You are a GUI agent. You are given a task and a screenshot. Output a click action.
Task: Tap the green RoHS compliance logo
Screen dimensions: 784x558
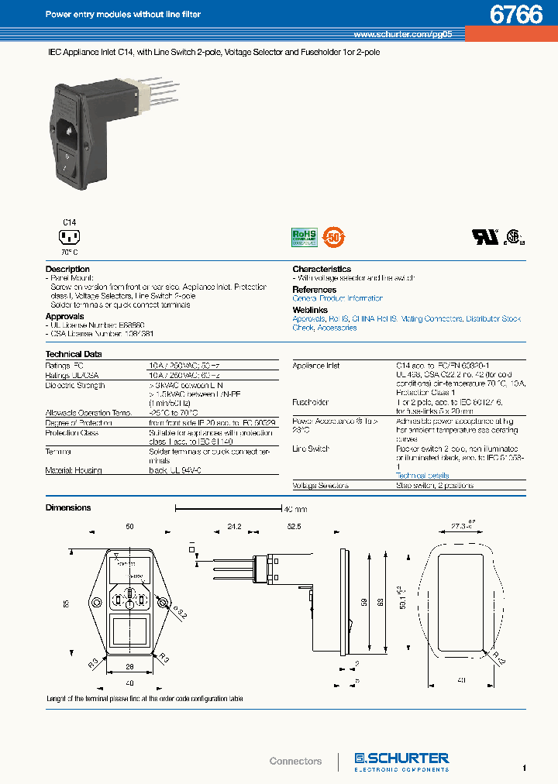point(305,236)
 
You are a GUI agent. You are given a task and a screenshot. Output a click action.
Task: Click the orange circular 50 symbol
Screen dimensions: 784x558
point(333,236)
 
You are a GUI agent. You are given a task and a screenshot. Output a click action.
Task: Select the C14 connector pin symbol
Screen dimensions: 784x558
point(70,237)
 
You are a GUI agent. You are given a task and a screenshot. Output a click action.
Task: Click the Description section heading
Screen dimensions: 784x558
point(68,270)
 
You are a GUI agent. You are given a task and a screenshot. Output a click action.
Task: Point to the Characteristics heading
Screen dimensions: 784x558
point(322,270)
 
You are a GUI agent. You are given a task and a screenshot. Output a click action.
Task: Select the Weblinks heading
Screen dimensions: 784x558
point(310,310)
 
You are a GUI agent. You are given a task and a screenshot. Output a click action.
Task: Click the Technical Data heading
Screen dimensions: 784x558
point(74,354)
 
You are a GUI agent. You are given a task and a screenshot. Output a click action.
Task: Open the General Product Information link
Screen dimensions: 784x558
point(338,298)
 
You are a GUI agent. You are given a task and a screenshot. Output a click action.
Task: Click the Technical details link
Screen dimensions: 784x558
point(422,476)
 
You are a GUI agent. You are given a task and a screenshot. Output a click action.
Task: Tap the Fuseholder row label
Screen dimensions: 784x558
point(311,403)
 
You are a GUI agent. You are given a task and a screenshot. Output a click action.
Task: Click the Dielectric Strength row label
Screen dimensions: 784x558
point(75,385)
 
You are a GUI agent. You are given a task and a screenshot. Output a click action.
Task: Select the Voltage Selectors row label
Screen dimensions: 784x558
point(321,486)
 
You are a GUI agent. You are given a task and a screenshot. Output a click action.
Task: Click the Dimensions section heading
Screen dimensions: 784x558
point(68,508)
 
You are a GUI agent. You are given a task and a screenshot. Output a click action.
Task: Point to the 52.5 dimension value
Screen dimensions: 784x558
point(294,527)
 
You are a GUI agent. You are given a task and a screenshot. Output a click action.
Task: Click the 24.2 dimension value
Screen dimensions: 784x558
point(234,527)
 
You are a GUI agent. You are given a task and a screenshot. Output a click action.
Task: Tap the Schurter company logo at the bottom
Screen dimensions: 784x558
point(401,760)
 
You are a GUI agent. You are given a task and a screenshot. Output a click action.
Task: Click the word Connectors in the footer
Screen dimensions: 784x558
point(295,762)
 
